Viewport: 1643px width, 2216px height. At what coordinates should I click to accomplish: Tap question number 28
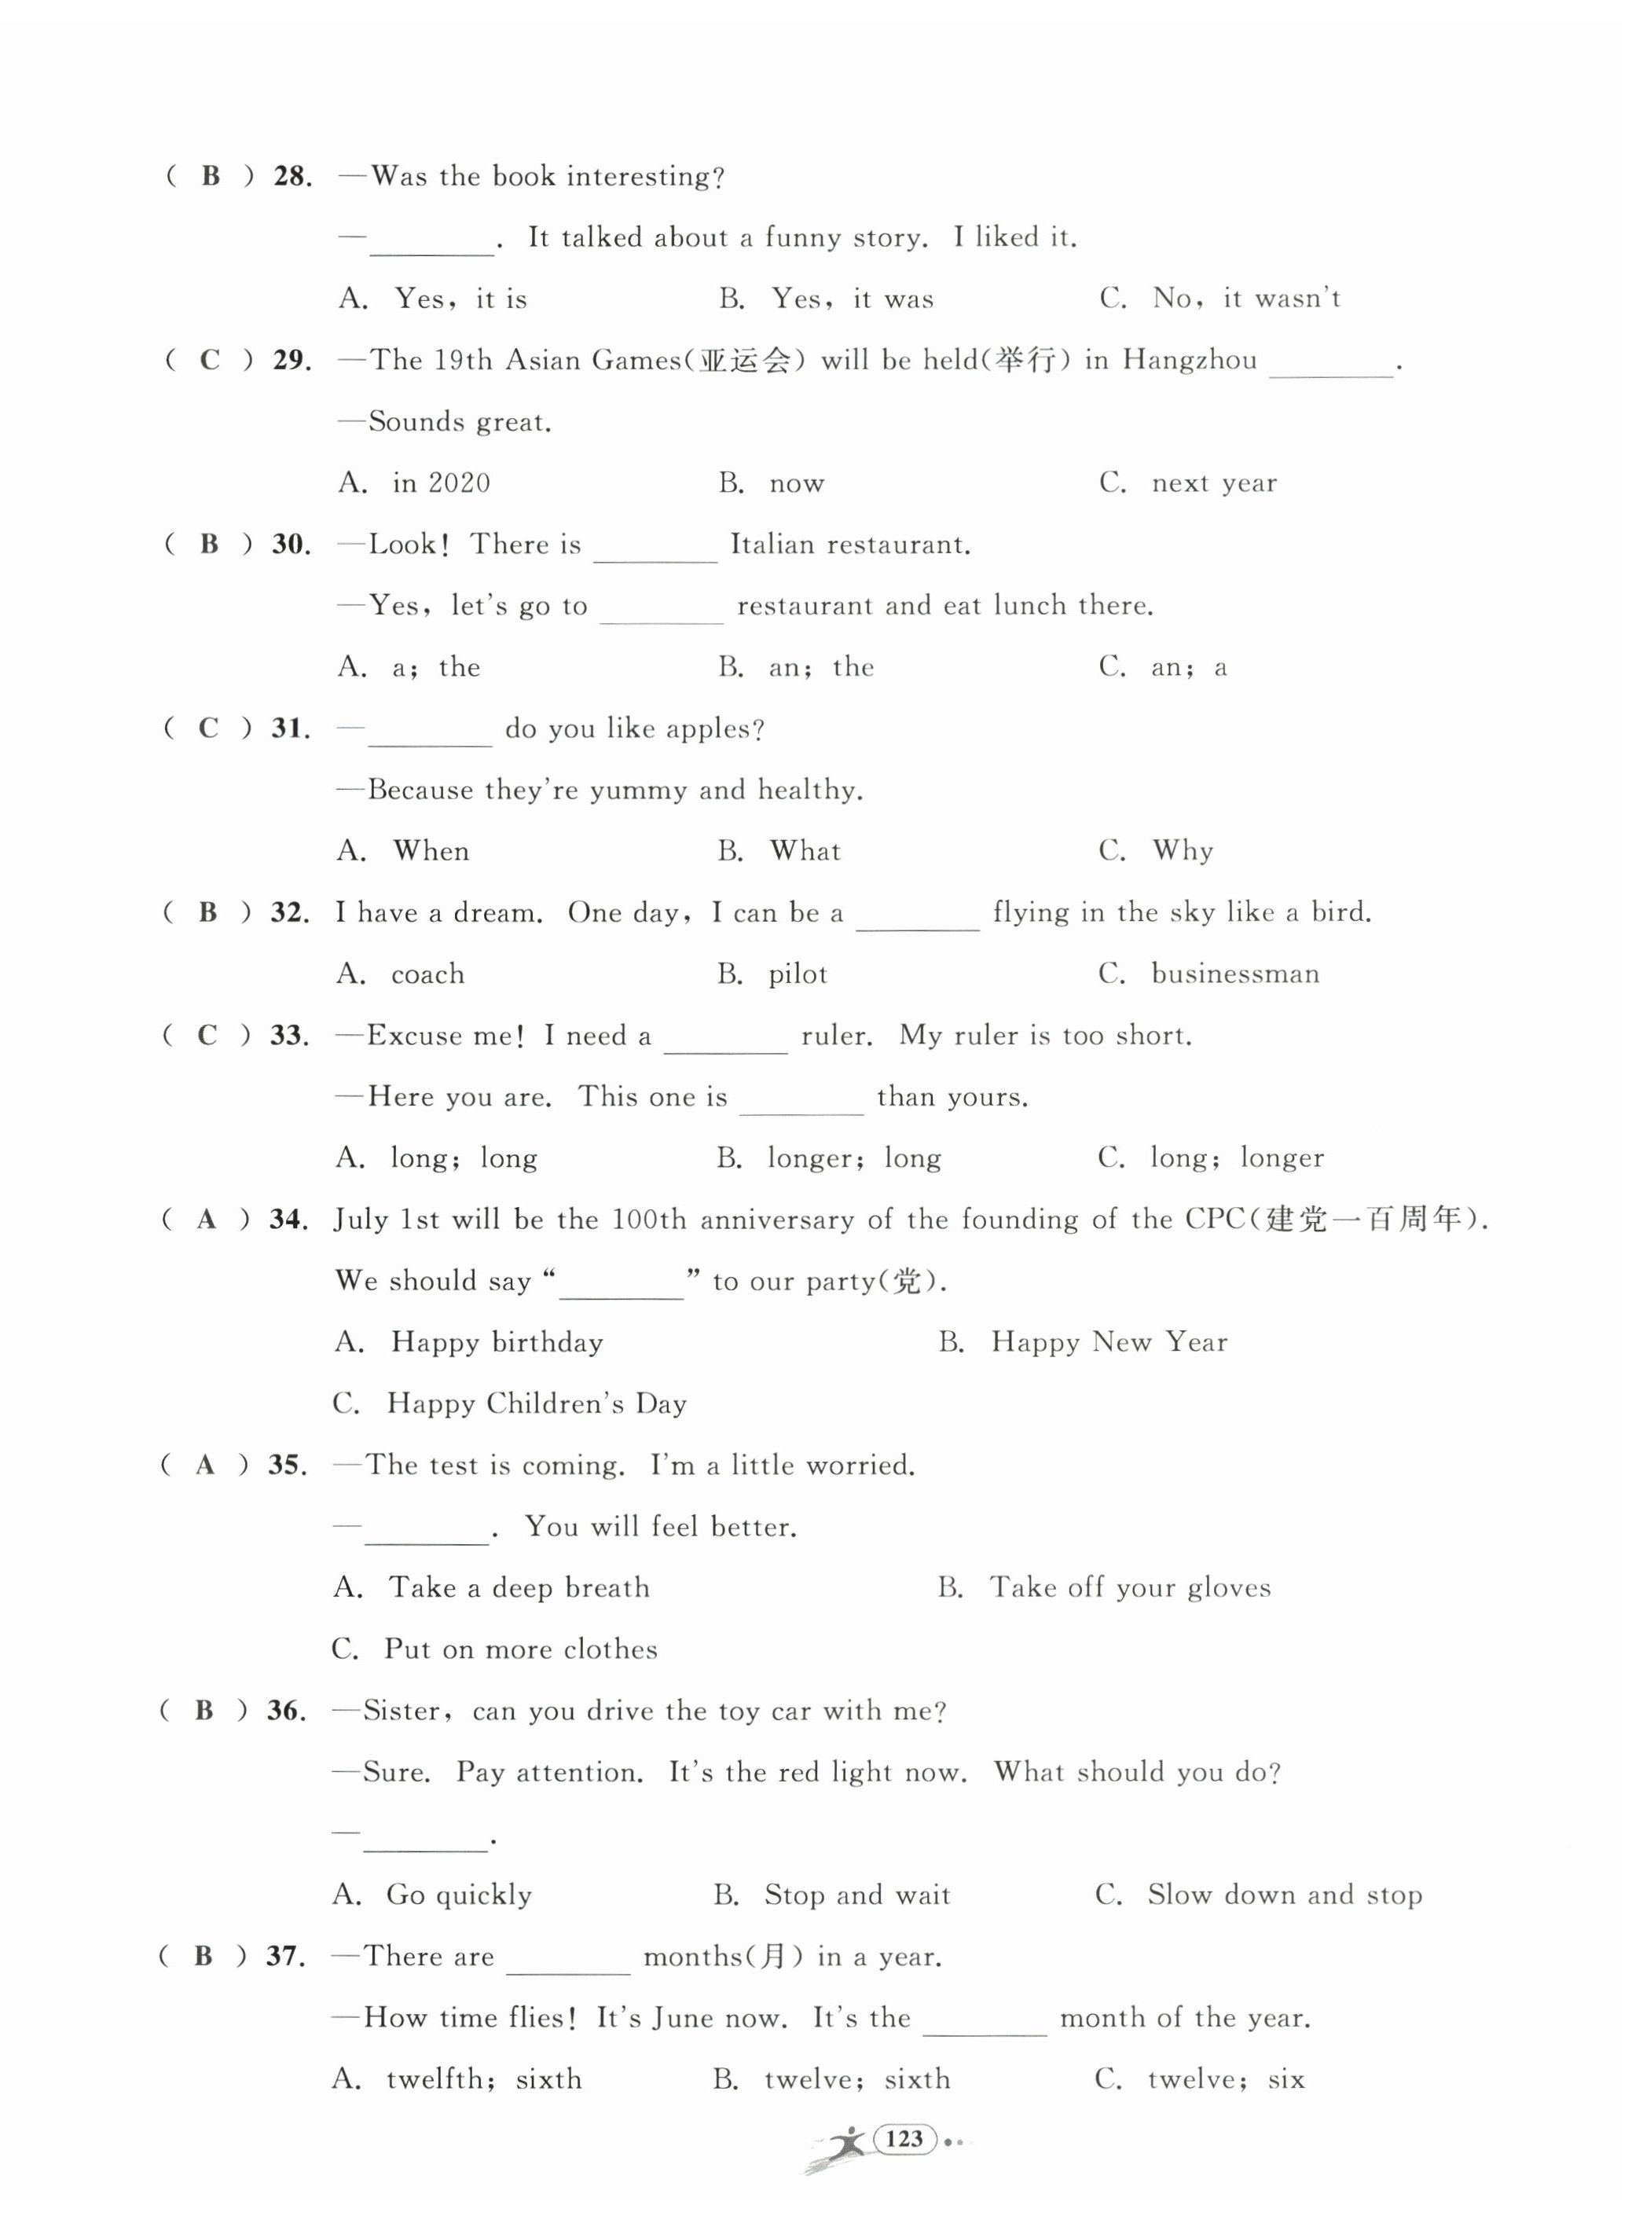coord(292,177)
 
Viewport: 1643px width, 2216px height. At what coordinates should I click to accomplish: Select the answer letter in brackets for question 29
coord(210,360)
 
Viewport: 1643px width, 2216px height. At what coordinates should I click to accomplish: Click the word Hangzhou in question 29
coord(1190,360)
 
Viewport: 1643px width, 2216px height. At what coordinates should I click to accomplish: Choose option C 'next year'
coord(1213,483)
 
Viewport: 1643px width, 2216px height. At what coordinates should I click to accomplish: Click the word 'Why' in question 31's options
coord(1183,850)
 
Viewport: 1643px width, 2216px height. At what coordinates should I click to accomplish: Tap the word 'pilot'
coord(798,974)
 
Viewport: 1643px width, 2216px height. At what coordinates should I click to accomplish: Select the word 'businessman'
coord(1235,974)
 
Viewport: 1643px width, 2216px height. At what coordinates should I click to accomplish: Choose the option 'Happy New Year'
coord(1109,1343)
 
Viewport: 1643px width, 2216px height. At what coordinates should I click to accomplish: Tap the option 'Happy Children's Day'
coord(536,1403)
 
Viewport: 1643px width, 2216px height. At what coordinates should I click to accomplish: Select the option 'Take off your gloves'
coord(1130,1587)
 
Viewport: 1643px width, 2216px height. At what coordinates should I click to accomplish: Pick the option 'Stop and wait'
coord(856,1895)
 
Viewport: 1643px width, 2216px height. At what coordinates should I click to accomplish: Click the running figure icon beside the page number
coord(843,2144)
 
